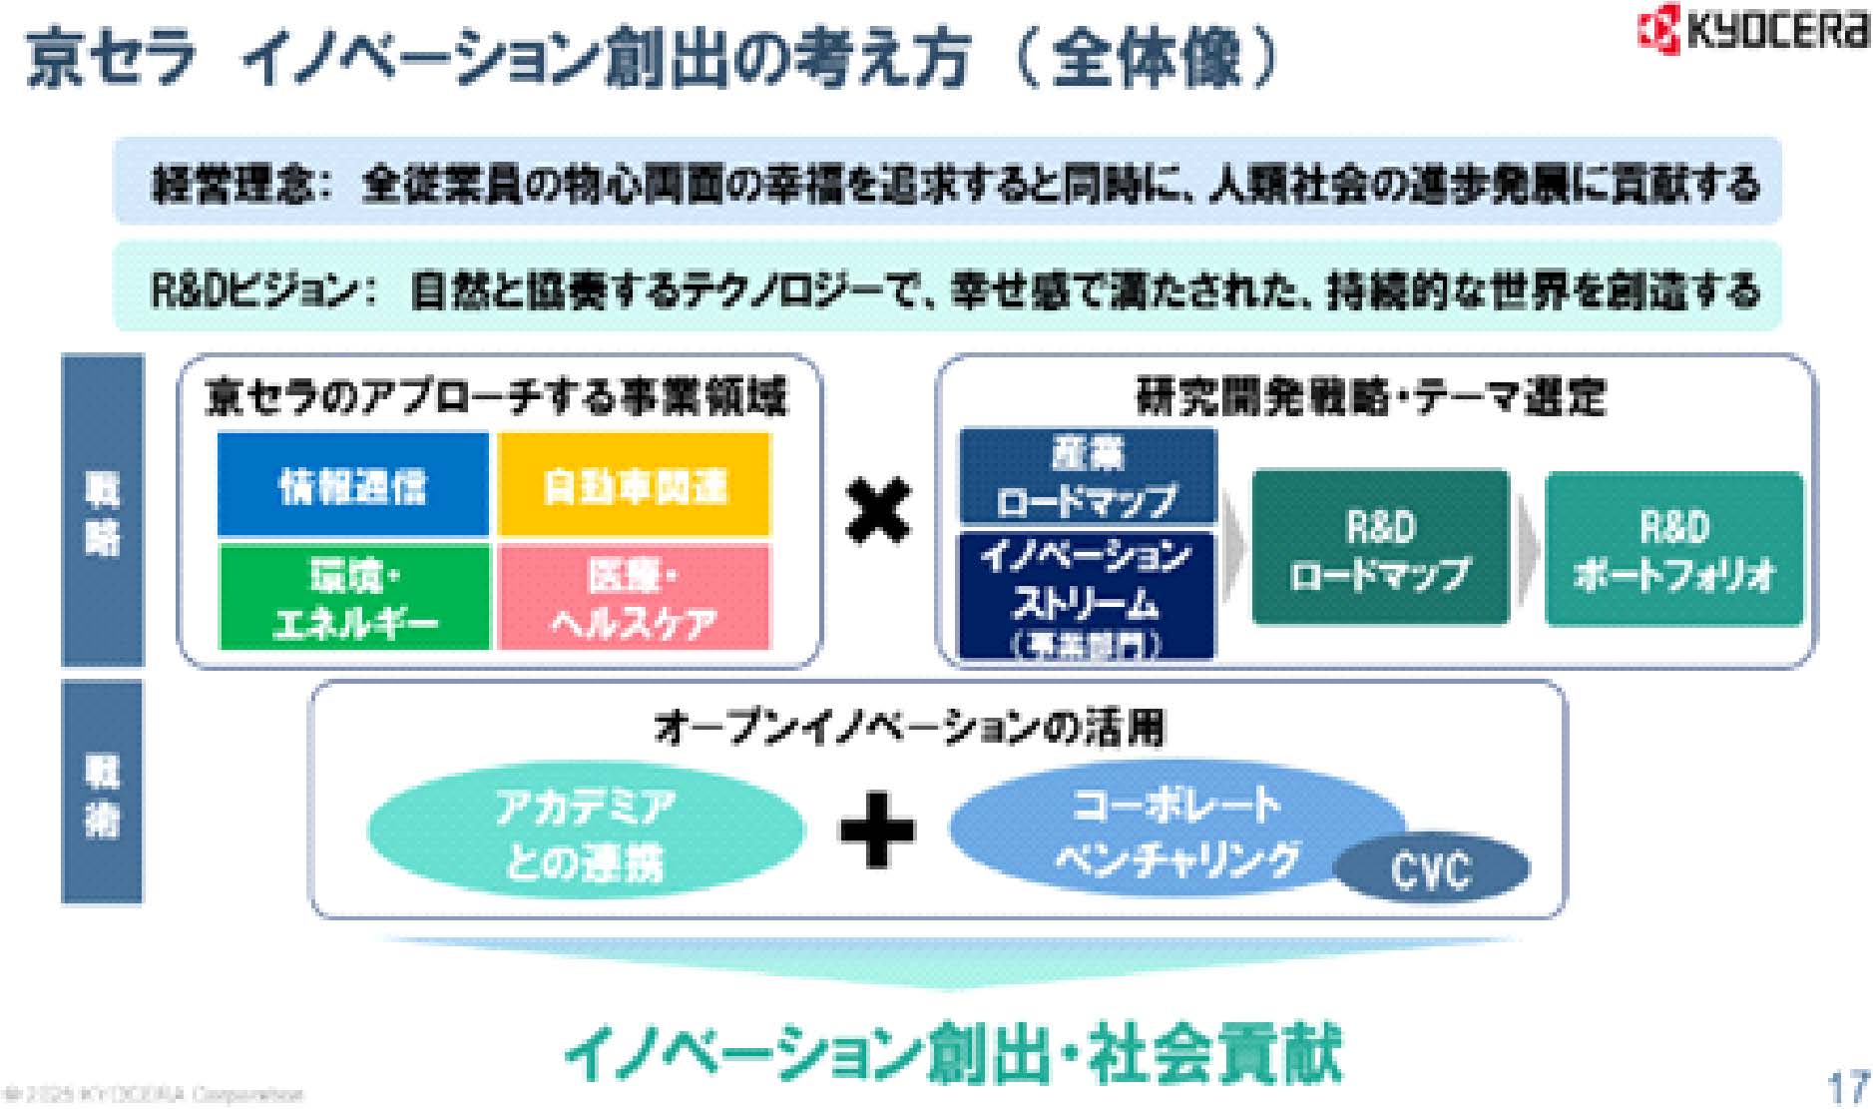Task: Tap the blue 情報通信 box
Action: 353,485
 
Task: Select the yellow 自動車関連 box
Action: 635,485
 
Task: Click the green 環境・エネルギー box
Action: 354,598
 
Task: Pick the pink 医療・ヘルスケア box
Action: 635,598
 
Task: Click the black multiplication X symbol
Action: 877,511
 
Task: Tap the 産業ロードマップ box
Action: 1088,477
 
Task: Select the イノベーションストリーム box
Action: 1087,595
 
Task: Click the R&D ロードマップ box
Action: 1380,549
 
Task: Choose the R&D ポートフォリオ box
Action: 1674,549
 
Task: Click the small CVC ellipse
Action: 1431,869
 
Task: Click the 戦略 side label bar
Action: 103,510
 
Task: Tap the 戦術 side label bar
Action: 102,792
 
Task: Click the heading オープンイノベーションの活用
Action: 909,728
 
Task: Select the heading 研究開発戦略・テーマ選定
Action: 1372,397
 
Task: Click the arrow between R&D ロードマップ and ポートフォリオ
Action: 1528,549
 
